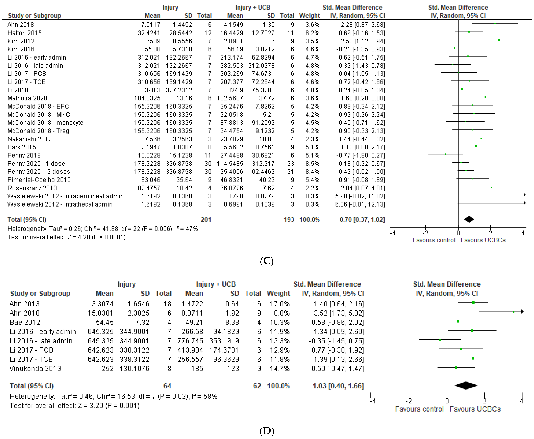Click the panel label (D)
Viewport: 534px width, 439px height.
click(x=267, y=431)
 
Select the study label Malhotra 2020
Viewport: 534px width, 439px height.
click(x=27, y=98)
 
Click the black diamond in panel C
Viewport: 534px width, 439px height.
click(x=469, y=219)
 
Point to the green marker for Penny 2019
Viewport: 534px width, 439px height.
click(x=446, y=154)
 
